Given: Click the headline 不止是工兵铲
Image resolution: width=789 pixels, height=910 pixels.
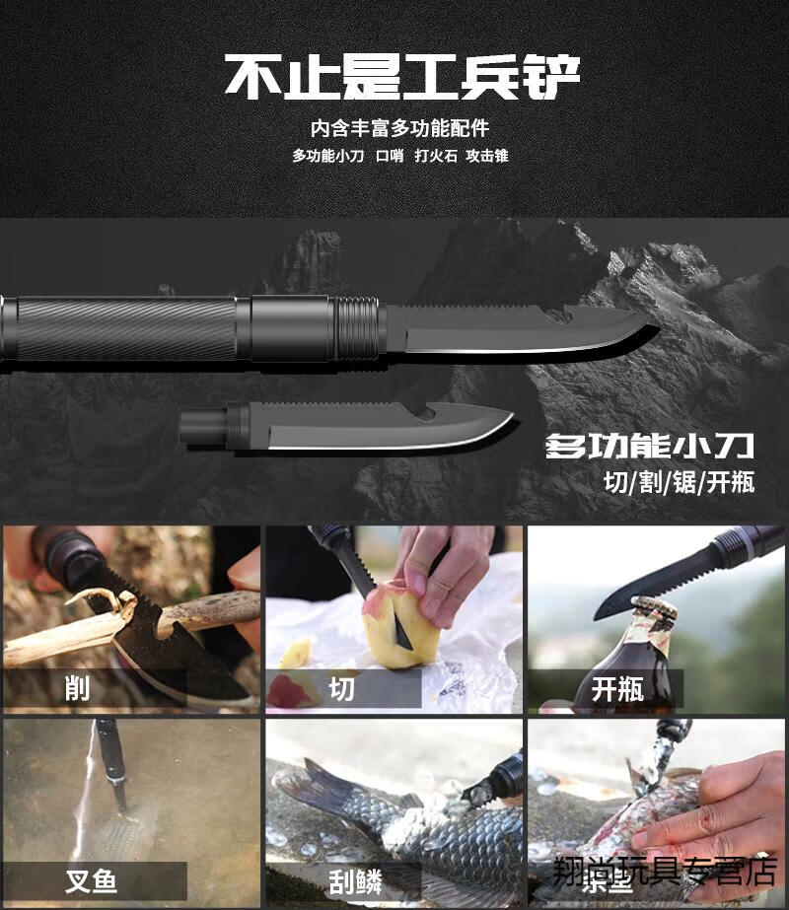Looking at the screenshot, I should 401,77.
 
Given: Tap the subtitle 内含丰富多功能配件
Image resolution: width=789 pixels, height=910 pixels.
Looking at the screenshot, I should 400,128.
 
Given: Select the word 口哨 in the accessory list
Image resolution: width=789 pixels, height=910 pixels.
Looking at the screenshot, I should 390,156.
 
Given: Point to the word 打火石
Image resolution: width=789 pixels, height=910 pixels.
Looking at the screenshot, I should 436,156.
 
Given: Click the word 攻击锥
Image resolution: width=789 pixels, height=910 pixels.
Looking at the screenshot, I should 487,156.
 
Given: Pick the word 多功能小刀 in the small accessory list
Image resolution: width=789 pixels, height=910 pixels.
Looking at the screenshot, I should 327,156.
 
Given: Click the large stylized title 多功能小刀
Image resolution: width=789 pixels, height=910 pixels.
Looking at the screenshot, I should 650,447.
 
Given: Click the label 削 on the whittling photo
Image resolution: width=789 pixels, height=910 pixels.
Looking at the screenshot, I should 77,688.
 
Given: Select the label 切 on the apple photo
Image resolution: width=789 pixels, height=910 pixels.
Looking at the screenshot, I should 341,688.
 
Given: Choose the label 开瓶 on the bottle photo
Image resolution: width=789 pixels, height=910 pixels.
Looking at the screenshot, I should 617,688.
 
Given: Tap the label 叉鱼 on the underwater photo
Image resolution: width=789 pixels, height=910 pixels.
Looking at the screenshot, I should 91,879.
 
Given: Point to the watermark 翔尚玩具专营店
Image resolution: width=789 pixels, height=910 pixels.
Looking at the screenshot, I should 666,870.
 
